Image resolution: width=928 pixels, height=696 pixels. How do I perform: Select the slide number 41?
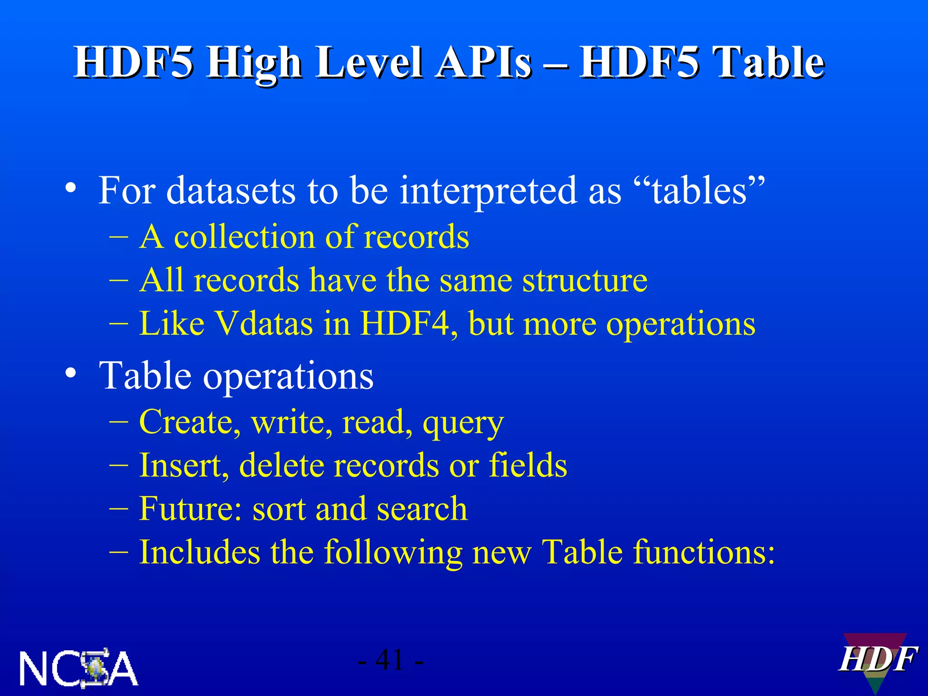(x=390, y=660)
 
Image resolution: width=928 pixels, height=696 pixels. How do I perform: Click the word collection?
(x=245, y=237)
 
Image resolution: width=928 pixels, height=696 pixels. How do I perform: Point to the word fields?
(x=528, y=465)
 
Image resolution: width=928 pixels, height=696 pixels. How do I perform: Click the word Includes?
(x=199, y=552)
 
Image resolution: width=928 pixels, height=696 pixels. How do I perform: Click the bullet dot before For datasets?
(x=70, y=188)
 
